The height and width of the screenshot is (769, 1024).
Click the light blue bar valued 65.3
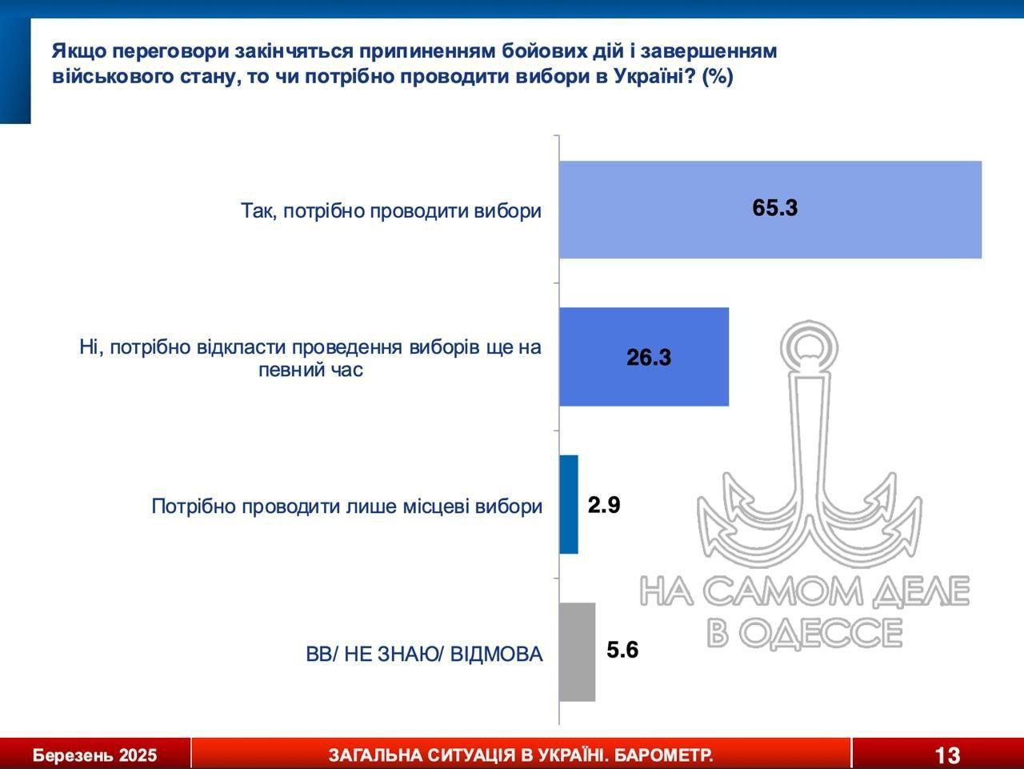click(x=770, y=210)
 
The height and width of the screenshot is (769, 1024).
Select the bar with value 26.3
click(x=644, y=357)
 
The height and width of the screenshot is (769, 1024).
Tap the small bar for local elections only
click(x=569, y=504)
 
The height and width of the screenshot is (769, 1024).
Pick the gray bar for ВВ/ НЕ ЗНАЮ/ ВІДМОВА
click(x=577, y=652)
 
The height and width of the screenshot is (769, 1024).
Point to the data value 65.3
click(x=775, y=207)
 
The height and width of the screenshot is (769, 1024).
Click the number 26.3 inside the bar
click(x=649, y=358)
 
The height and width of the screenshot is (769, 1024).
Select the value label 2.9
click(x=604, y=505)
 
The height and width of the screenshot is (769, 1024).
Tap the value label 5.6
click(x=622, y=650)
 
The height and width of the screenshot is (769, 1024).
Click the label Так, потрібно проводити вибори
click(x=391, y=211)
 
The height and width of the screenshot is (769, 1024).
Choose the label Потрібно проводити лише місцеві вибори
click(x=347, y=507)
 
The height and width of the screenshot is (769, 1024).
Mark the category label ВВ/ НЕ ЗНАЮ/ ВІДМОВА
click(x=424, y=655)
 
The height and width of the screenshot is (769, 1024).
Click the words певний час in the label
click(x=310, y=370)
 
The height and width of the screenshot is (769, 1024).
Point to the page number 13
click(x=947, y=755)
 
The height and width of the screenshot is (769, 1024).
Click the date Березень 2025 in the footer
click(x=94, y=755)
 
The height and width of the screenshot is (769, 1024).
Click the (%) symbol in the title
click(x=717, y=77)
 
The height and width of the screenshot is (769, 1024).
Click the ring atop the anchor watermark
click(x=810, y=347)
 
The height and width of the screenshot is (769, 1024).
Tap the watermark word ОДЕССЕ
click(x=821, y=633)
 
